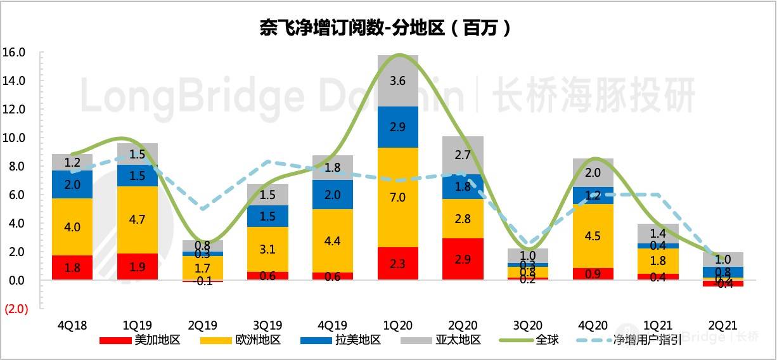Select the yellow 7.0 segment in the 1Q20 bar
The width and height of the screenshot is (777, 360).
point(398,197)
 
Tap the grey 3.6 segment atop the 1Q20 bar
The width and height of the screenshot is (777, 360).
point(398,81)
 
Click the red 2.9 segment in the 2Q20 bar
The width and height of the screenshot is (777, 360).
point(463,259)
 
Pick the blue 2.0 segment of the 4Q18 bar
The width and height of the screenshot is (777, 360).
point(72,184)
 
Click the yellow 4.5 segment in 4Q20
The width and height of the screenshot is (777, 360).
point(593,236)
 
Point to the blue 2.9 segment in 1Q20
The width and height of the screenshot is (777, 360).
point(398,127)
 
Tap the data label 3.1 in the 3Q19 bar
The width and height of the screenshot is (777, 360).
point(267,249)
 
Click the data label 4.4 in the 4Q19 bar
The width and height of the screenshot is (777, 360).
point(333,240)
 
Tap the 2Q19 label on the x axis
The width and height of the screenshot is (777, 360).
point(202,325)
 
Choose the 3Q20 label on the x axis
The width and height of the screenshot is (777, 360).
point(528,325)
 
